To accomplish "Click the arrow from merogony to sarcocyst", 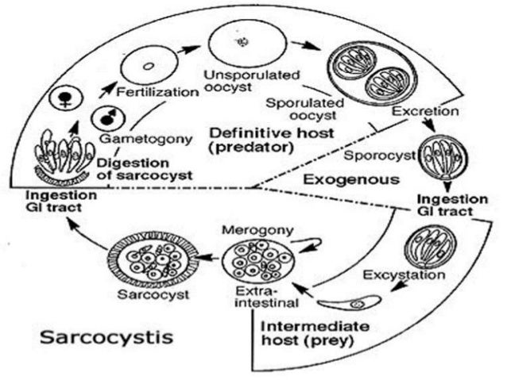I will pos(211,256).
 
